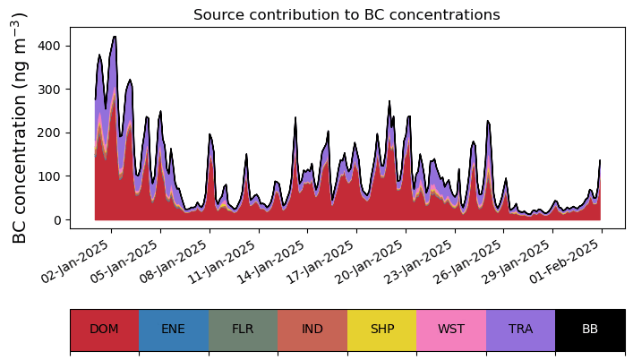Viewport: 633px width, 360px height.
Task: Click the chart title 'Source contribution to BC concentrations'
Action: (346, 14)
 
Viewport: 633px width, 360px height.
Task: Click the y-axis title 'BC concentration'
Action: (20, 127)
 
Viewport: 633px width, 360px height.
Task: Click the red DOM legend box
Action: (104, 330)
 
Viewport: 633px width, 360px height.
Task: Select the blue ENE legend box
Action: (174, 330)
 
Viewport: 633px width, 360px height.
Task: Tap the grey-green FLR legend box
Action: (243, 330)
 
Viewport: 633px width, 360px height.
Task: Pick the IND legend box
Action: (312, 330)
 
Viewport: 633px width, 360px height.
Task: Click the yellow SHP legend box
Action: (381, 330)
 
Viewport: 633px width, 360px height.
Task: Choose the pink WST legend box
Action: (451, 330)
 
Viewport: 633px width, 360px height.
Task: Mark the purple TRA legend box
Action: (520, 330)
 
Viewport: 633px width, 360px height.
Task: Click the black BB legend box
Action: (590, 330)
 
